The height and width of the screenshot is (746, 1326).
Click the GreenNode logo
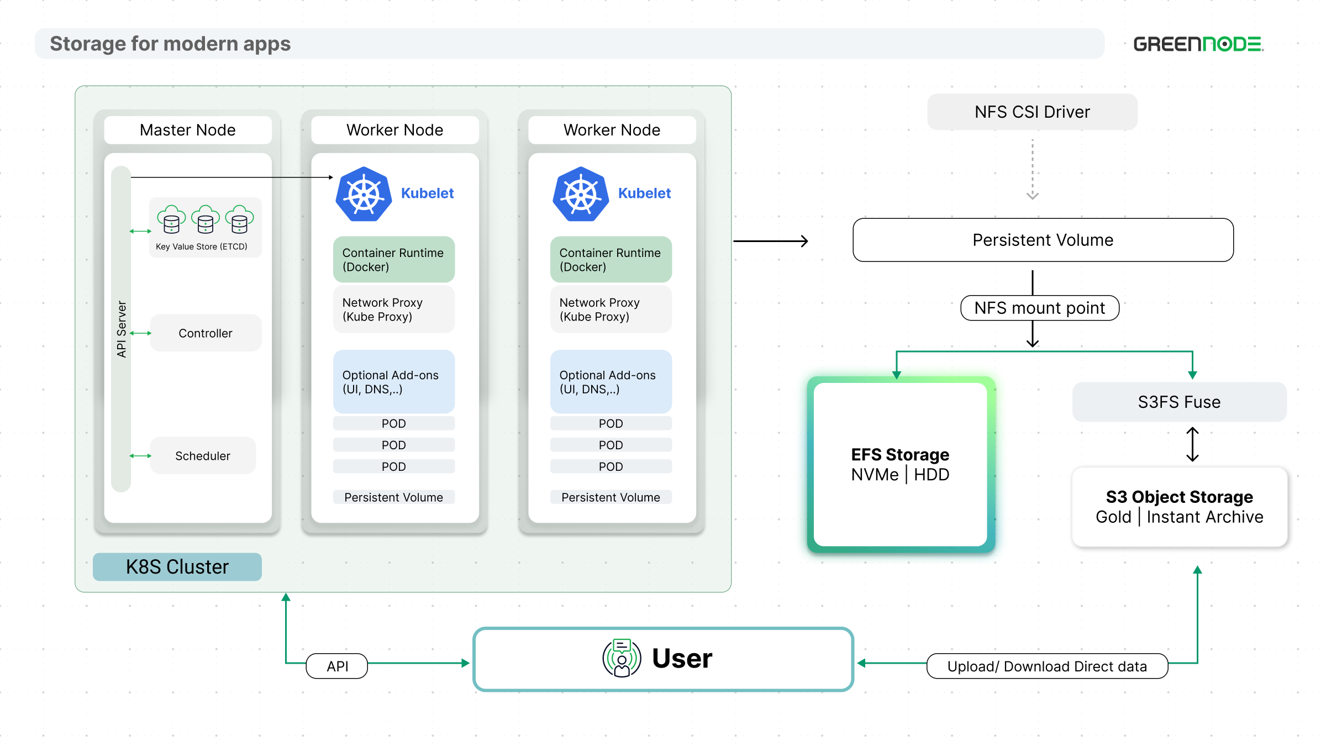tap(1198, 44)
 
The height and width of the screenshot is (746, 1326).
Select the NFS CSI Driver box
tap(1032, 112)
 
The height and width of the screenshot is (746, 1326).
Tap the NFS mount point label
tap(1040, 308)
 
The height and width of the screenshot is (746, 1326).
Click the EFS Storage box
tap(901, 464)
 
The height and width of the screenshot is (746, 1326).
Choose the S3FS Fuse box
tap(1179, 402)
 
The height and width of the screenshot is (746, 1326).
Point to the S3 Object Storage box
tap(1180, 507)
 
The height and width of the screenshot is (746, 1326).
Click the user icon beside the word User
tap(622, 658)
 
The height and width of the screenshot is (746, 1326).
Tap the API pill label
tap(337, 666)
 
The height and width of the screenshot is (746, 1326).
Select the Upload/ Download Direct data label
tap(1047, 666)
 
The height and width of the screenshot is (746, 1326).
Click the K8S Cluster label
tap(177, 567)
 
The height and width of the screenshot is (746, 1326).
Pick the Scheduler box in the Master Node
tap(203, 456)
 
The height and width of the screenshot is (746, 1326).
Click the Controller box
tap(206, 333)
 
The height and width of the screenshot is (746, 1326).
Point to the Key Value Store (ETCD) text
tap(202, 246)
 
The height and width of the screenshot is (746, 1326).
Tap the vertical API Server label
tap(122, 329)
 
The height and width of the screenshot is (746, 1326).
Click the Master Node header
tap(188, 130)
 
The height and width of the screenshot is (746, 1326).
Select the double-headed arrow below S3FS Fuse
tap(1193, 444)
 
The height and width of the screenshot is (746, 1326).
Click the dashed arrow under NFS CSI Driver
tap(1032, 169)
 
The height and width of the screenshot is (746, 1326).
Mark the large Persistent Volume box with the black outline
tap(1043, 240)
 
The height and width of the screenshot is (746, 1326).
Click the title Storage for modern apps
tap(170, 44)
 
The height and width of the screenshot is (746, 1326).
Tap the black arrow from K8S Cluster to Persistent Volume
tap(771, 241)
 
